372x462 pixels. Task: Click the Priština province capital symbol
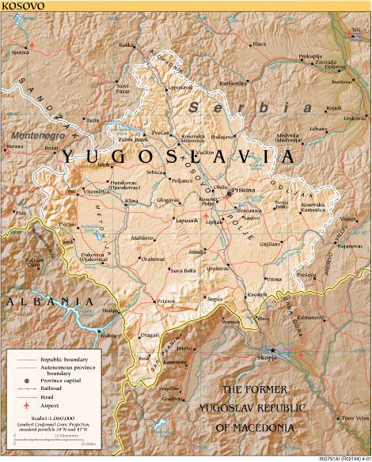point(229,192)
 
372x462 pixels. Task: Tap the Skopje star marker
point(273,350)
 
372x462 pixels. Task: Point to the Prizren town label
point(165,301)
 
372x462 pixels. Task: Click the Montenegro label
point(37,135)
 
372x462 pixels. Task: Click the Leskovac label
point(352,118)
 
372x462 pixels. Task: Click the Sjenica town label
point(21,53)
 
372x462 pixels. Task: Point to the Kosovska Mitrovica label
point(194,140)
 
